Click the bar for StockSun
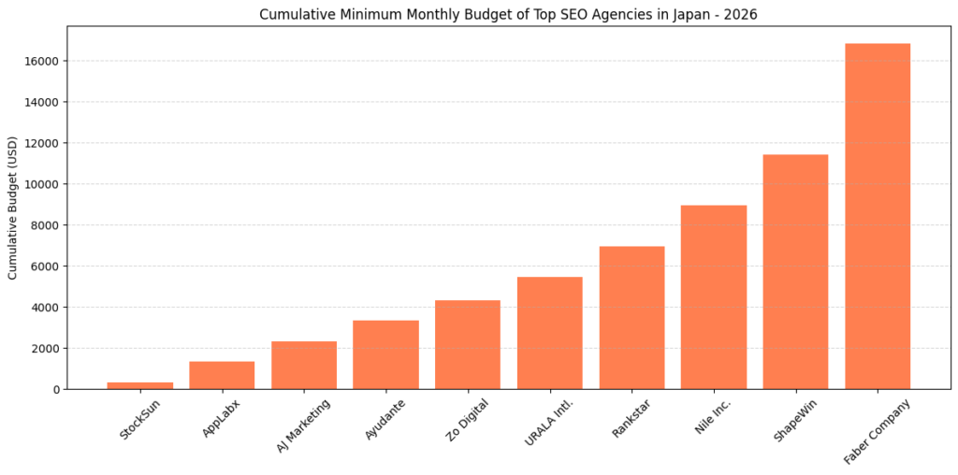pyautogui.click(x=140, y=385)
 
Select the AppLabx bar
pyautogui.click(x=222, y=375)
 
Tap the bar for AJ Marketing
pyautogui.click(x=304, y=365)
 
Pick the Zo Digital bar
pyautogui.click(x=468, y=344)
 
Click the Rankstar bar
pyautogui.click(x=631, y=318)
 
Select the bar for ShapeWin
pyautogui.click(x=795, y=271)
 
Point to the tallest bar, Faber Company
pyautogui.click(x=878, y=216)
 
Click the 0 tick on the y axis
pyautogui.click(x=56, y=390)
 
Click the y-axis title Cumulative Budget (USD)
pyautogui.click(x=13, y=208)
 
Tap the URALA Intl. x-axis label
pyautogui.click(x=548, y=424)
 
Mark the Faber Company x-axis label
pyautogui.click(x=877, y=431)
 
